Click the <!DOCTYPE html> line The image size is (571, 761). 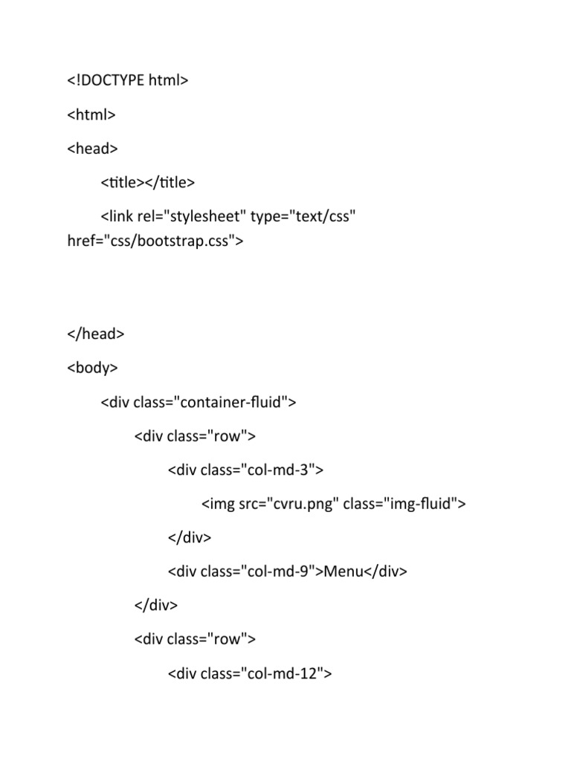tap(127, 80)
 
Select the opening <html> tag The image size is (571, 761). tap(91, 114)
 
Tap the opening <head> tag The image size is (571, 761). tap(92, 149)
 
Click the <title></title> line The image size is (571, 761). tap(147, 182)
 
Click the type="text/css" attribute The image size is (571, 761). tap(303, 216)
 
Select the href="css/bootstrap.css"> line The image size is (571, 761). tap(155, 241)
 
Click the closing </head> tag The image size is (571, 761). tap(95, 334)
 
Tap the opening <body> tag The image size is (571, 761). tap(92, 368)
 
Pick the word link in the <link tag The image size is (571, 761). tap(120, 216)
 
